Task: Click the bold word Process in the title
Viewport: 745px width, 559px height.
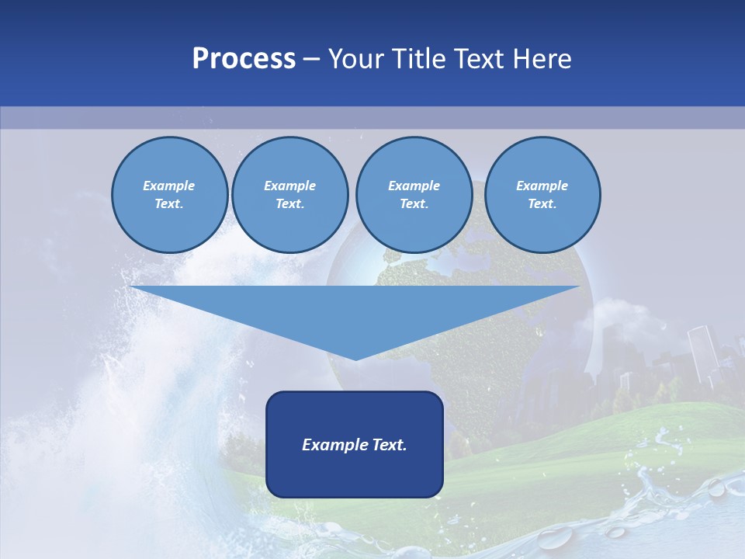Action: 244,59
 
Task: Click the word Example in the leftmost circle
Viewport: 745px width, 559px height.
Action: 169,186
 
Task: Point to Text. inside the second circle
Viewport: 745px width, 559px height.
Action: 289,204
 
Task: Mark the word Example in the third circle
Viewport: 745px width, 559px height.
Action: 414,186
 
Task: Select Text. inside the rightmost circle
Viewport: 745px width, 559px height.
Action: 542,204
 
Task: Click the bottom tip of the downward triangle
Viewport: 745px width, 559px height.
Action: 355,359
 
